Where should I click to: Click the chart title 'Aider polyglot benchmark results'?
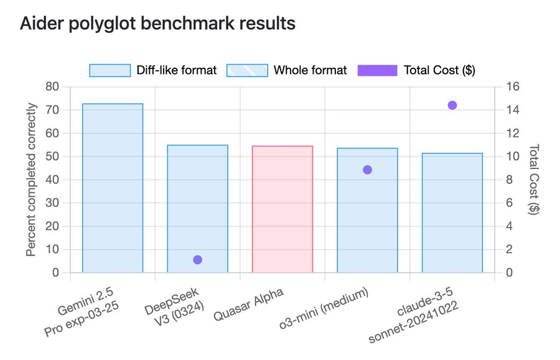point(157,24)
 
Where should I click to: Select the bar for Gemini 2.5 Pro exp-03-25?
point(113,188)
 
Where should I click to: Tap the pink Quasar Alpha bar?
point(282,209)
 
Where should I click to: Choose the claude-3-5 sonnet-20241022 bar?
point(452,213)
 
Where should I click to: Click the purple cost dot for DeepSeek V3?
point(198,260)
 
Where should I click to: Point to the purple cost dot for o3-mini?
point(367,170)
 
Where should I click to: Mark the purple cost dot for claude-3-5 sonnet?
point(452,105)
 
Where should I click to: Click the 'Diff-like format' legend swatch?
point(110,70)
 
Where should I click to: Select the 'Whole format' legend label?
point(310,70)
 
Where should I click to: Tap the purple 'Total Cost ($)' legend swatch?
point(377,70)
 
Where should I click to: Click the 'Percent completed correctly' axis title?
point(31,180)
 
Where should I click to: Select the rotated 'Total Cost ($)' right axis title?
point(533,180)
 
